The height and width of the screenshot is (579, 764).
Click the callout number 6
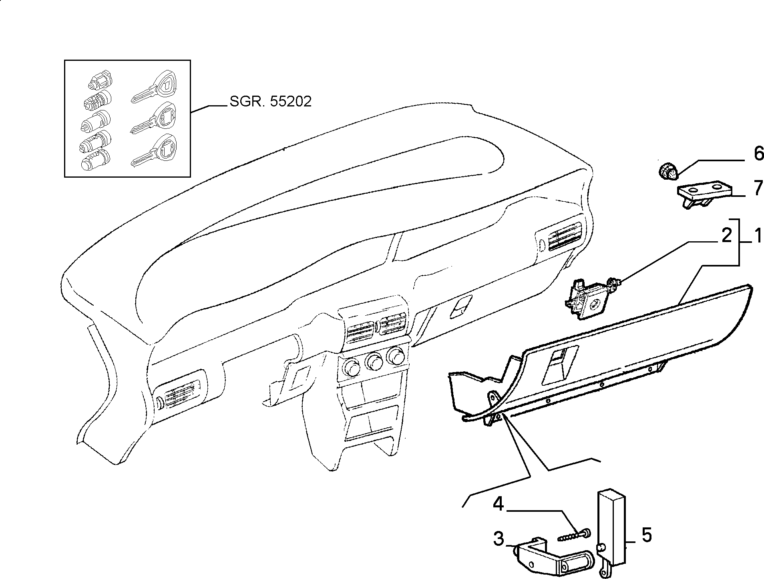tap(758, 154)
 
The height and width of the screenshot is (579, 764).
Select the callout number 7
tap(758, 188)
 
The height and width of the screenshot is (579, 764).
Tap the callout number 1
tap(758, 237)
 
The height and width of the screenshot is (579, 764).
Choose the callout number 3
tap(499, 539)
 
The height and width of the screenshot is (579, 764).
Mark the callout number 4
tap(498, 504)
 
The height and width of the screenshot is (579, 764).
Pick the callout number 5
tap(646, 535)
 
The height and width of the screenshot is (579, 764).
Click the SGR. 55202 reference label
tap(270, 102)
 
